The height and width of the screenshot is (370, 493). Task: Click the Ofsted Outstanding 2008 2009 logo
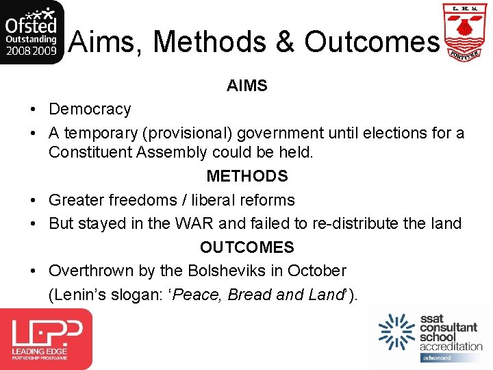(32, 32)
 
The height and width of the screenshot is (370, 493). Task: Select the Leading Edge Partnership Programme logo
(46, 338)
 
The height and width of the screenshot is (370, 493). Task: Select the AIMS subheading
(247, 86)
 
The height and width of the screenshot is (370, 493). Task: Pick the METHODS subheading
(247, 176)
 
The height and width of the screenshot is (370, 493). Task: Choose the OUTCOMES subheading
(247, 247)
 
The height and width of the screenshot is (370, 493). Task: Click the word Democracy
(90, 110)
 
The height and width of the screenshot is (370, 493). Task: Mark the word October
(317, 271)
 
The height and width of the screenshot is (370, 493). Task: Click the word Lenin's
(77, 295)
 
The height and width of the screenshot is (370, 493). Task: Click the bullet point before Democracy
(33, 110)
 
